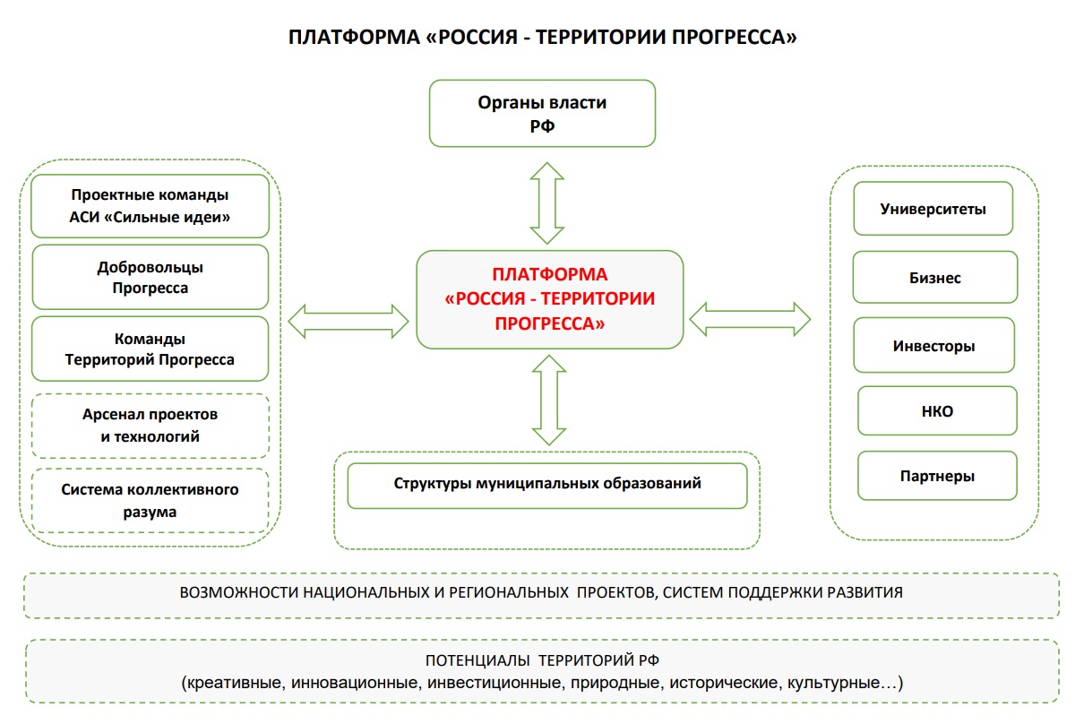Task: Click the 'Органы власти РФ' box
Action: (542, 113)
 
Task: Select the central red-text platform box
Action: (549, 299)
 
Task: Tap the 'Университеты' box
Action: (933, 209)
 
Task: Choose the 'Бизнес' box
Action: (934, 277)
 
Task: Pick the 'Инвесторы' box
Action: (933, 345)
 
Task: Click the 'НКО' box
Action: (937, 411)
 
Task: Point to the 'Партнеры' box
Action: (937, 476)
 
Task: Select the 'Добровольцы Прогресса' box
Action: (151, 277)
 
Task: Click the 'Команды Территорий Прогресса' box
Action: (151, 349)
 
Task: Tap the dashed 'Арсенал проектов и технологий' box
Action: (151, 426)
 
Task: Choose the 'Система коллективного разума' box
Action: (151, 501)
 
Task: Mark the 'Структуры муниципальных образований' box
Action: (546, 485)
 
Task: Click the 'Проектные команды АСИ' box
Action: (151, 205)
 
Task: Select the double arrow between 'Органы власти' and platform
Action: (546, 203)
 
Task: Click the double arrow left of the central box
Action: (348, 320)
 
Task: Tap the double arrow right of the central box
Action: (750, 318)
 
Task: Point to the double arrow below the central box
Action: (548, 400)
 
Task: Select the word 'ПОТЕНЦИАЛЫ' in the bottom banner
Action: (478, 662)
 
